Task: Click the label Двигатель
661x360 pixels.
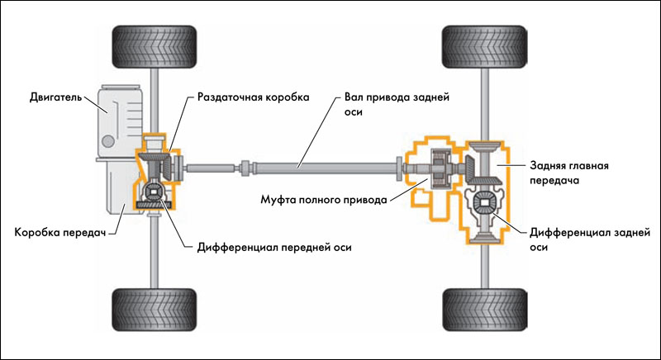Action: pos(52,97)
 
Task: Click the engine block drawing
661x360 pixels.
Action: pos(121,120)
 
